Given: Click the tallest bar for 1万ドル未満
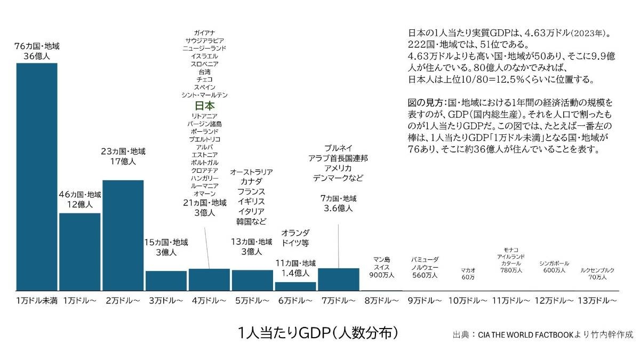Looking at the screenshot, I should point(37,176).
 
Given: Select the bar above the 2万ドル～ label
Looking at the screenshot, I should point(123,235).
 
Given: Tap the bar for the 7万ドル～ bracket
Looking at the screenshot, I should point(338,279).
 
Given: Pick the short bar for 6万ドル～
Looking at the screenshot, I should point(295,286).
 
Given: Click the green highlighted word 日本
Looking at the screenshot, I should point(204,106).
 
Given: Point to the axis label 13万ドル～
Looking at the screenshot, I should point(598,301).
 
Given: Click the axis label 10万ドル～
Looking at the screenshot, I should point(468,301).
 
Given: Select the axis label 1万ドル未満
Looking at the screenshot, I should point(37,301).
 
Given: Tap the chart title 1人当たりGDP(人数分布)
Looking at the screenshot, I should point(318,333).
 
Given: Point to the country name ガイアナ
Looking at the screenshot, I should point(204,33).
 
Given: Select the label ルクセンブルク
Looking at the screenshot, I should point(597,270).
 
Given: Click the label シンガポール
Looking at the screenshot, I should point(554,263).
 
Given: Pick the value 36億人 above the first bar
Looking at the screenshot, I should point(37,55).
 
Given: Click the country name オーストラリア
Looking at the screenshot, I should point(251,172).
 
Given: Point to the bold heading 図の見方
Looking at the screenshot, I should point(425,101).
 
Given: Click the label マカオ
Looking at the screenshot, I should point(468,270).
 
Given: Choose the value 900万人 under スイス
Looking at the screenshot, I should point(381,275).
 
